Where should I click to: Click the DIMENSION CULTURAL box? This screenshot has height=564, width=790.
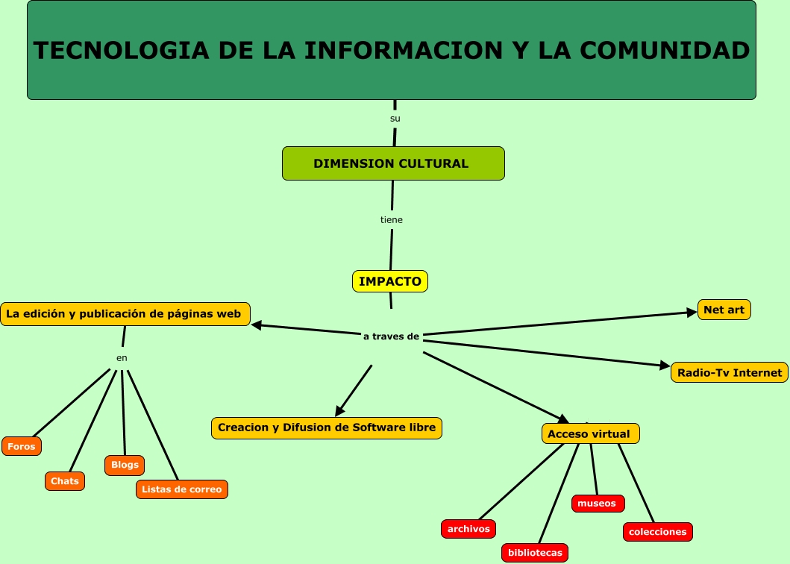(393, 163)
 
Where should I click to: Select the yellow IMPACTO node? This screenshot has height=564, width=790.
(389, 281)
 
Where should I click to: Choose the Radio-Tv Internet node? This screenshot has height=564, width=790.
(729, 372)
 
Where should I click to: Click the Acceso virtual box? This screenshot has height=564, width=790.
(589, 433)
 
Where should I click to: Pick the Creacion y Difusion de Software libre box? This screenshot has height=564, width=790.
(327, 427)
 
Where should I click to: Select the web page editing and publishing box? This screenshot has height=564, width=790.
(125, 314)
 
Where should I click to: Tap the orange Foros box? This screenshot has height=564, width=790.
(22, 446)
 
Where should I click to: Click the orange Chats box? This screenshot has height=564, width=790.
(65, 481)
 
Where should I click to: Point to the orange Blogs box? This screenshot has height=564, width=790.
(125, 465)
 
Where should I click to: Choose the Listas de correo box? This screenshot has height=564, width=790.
(181, 489)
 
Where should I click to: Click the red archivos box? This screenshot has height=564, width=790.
(468, 529)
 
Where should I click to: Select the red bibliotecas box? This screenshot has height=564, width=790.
(535, 553)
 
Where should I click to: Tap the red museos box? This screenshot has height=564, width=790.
(598, 504)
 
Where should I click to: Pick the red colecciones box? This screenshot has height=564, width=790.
(657, 532)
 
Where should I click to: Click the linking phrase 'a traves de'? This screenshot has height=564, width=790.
(391, 336)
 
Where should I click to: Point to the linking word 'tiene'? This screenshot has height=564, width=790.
(392, 220)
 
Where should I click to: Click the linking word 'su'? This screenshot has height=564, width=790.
(395, 119)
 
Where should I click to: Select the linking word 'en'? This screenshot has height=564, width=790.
(122, 358)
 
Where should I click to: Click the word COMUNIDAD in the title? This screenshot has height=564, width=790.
(664, 50)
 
